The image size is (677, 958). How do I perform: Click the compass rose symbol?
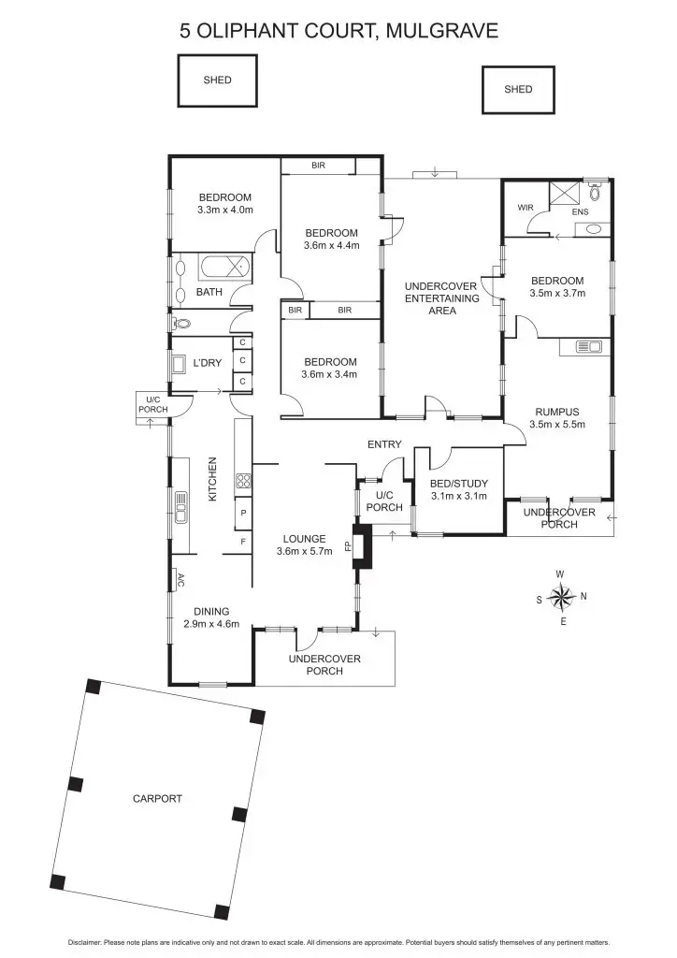pos(561,596)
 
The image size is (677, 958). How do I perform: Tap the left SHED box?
pos(217,80)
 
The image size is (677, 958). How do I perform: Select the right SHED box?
pos(518,90)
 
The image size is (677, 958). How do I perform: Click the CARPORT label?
pos(157,799)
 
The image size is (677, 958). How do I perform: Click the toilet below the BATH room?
pos(182,324)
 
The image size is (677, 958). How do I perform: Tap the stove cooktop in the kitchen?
pos(243,482)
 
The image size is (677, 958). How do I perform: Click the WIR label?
pos(525,207)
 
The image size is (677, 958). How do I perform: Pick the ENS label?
pos(580,212)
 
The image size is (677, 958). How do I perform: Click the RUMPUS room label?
pos(557,412)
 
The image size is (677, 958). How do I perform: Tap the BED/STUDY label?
pos(458,484)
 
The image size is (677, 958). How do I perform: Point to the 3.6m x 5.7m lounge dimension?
pos(305,552)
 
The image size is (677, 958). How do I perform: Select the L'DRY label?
pos(207,363)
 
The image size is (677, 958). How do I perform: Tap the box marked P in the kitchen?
pos(243,514)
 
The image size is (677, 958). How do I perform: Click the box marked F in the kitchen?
pos(243,542)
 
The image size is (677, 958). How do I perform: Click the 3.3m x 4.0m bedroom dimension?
pos(225,210)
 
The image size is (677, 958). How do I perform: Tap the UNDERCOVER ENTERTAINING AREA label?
pos(441,298)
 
